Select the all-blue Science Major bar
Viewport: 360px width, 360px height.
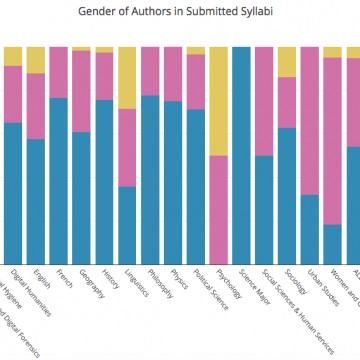click(x=241, y=150)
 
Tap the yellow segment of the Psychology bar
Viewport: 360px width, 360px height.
click(x=218, y=100)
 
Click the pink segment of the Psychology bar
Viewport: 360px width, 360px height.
click(x=218, y=205)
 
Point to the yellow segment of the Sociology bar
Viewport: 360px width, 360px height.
click(x=287, y=62)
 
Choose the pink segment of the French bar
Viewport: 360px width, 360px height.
click(x=58, y=72)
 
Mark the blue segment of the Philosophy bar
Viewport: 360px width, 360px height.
click(x=150, y=175)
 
